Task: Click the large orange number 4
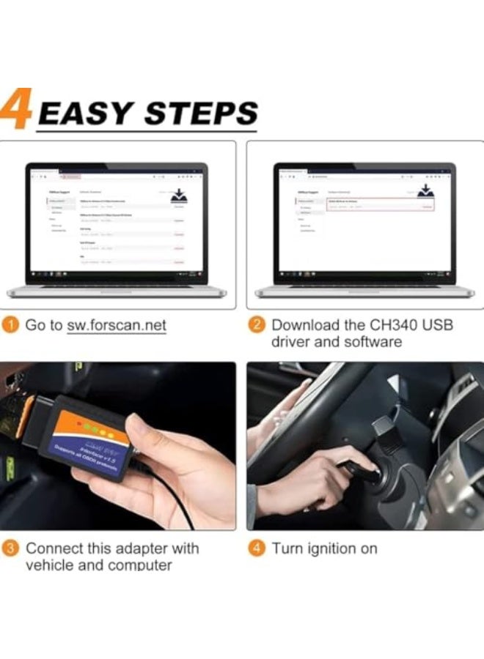tap(16, 110)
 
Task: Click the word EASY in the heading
tap(86, 114)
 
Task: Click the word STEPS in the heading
tap(201, 114)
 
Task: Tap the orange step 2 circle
tap(257, 325)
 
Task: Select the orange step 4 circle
tap(257, 548)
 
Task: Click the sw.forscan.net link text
tap(117, 325)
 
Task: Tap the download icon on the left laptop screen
tap(179, 197)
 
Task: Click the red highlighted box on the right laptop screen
tap(379, 204)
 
